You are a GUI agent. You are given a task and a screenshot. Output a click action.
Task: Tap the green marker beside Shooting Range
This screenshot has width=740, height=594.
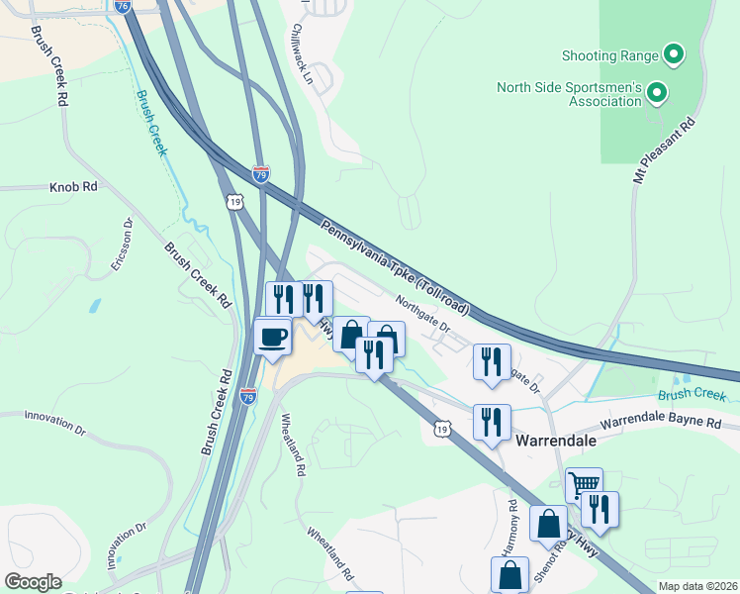pyautogui.click(x=675, y=55)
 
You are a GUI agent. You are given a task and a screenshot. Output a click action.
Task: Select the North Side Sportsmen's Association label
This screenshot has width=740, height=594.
pyautogui.click(x=569, y=94)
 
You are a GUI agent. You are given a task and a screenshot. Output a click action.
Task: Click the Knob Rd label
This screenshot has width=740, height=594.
pyautogui.click(x=74, y=186)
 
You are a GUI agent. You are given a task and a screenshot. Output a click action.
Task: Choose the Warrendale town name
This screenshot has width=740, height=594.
pyautogui.click(x=551, y=440)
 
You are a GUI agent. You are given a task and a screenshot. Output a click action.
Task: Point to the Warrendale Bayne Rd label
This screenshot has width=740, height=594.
pyautogui.click(x=661, y=421)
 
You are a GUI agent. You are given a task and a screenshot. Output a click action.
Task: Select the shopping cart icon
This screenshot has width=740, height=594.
pyautogui.click(x=584, y=485)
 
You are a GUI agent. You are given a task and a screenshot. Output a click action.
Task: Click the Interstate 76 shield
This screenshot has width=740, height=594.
pyautogui.click(x=123, y=6)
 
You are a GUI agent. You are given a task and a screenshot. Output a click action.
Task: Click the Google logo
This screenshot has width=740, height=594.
pyautogui.click(x=33, y=582)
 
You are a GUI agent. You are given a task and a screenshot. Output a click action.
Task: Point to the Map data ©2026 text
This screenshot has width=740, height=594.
pyautogui.click(x=696, y=586)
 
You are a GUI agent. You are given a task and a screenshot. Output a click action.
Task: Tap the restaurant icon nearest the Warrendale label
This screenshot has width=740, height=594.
pyautogui.click(x=491, y=421)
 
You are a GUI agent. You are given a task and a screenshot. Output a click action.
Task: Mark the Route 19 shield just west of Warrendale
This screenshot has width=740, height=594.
pyautogui.click(x=442, y=427)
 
